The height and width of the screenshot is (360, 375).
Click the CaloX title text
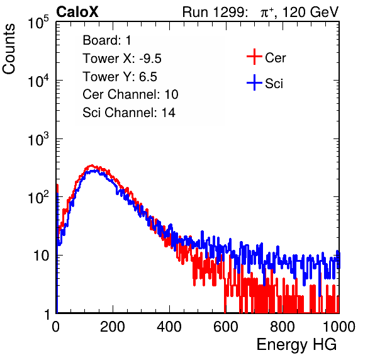coord(77,12)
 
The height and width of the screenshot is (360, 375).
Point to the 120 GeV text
coord(310,12)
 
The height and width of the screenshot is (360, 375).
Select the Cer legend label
coord(275,58)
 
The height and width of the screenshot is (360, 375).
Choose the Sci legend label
coord(274,84)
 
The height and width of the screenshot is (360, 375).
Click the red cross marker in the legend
coord(254,57)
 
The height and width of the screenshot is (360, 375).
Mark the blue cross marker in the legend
coord(254,82)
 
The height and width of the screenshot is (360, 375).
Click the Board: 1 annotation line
coord(107,40)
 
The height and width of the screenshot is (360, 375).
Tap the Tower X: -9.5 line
coord(122,59)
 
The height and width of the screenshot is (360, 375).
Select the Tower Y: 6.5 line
coord(120,77)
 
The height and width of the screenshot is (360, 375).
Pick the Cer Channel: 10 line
coord(130,94)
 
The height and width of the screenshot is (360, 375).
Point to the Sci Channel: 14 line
coord(129,113)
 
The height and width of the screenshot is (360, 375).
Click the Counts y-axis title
coord(9,49)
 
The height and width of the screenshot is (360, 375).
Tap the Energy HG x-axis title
coord(296,345)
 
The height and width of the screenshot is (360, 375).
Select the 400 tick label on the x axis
coord(169,326)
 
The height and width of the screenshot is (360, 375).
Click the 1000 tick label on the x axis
coord(339,326)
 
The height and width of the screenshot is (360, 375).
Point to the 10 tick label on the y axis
coord(42,256)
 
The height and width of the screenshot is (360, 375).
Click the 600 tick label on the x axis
coord(226,326)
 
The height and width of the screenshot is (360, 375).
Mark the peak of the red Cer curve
coord(92,166)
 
